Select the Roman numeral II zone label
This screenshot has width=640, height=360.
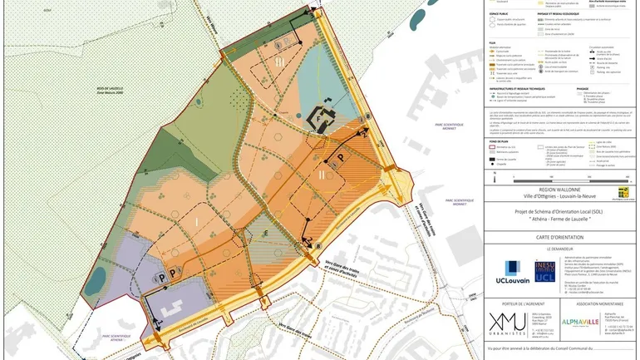click(x=321, y=175)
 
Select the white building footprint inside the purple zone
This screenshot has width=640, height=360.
click(x=176, y=306)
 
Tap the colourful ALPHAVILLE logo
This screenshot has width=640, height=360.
click(x=576, y=323)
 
